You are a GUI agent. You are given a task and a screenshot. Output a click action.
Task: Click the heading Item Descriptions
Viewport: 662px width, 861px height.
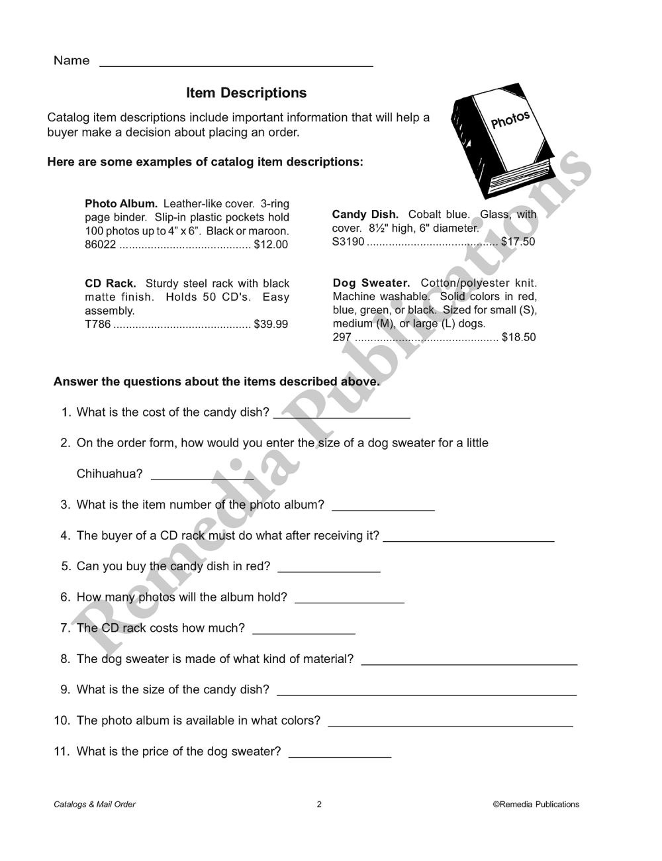point(246,93)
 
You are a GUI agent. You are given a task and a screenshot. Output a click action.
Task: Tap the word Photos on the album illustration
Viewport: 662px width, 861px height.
point(510,120)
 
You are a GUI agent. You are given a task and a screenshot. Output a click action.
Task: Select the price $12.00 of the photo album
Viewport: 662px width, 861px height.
point(271,244)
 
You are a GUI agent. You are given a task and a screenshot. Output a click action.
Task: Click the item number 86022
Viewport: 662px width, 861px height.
point(100,244)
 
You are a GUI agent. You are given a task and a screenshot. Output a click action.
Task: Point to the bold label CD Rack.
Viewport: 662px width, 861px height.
point(110,283)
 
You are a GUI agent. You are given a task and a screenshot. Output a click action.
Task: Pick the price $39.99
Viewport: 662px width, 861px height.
point(271,325)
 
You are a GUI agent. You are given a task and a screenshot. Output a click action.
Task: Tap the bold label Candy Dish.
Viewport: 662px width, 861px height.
point(365,215)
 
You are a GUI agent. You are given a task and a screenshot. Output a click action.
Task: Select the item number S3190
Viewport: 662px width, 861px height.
point(348,242)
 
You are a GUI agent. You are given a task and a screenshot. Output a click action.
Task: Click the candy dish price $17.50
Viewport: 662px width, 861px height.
point(518,242)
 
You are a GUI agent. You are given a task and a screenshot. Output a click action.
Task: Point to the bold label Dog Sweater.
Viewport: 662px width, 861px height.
point(371,283)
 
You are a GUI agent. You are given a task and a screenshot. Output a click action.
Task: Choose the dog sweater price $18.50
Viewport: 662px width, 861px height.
point(519,337)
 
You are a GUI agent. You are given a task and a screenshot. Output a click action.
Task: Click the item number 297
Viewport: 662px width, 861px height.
point(342,337)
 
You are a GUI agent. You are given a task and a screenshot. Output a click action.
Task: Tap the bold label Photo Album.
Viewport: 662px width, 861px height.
point(120,203)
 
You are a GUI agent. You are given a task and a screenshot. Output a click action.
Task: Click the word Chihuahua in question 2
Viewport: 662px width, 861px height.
point(109,474)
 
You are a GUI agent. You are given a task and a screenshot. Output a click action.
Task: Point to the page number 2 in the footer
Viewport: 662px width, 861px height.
point(319,805)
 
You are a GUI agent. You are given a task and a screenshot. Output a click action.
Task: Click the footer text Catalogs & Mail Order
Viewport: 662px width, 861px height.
point(95,805)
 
